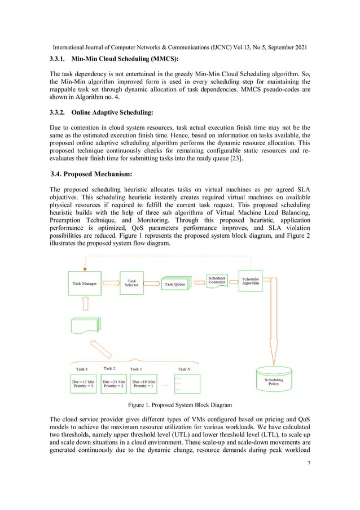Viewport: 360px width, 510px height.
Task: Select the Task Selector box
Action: pos(131,283)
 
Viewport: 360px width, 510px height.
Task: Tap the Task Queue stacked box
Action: pos(177,284)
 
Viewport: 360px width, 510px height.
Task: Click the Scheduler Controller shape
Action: pos(218,281)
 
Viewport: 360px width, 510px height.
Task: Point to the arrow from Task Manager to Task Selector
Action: pos(111,284)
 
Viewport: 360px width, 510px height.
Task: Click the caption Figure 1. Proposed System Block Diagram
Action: pos(179,406)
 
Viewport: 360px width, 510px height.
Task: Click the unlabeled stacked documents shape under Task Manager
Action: pos(86,326)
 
